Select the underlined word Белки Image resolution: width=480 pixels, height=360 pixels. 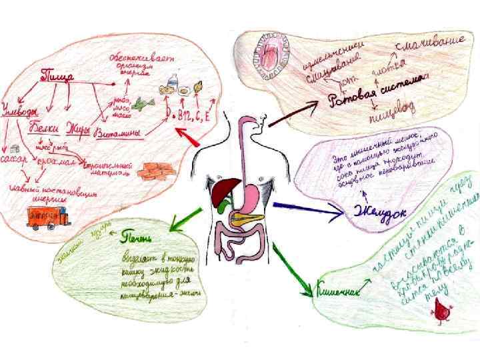46,127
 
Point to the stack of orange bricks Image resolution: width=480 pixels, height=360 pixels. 155,169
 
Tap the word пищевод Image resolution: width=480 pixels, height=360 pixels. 388,120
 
